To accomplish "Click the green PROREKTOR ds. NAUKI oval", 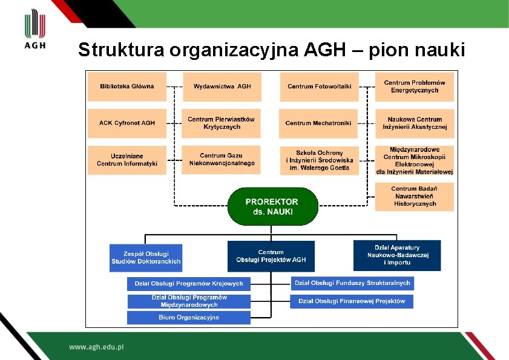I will pyautogui.click(x=272, y=206).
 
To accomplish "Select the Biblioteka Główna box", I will pyautogui.click(x=126, y=87).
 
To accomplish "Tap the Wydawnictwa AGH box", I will pyautogui.click(x=222, y=87).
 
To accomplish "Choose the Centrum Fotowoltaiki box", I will pyautogui.click(x=319, y=87).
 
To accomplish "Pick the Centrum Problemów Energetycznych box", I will pyautogui.click(x=415, y=87).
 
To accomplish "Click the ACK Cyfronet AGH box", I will pyautogui.click(x=126, y=123).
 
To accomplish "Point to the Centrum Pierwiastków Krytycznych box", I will pyautogui.click(x=222, y=123).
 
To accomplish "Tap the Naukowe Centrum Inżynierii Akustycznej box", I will pyautogui.click(x=415, y=123).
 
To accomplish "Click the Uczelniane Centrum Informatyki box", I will pyautogui.click(x=126, y=160).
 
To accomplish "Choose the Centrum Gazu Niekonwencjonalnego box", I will pyautogui.click(x=222, y=160).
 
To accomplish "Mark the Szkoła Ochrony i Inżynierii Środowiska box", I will pyautogui.click(x=319, y=160).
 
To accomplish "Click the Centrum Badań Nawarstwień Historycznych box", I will pyautogui.click(x=415, y=197).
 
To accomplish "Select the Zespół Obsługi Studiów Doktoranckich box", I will pyautogui.click(x=146, y=258).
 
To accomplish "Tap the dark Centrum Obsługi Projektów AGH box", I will pyautogui.click(x=271, y=256).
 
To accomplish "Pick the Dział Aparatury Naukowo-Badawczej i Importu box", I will pyautogui.click(x=397, y=255).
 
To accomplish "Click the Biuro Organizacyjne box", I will pyautogui.click(x=189, y=318).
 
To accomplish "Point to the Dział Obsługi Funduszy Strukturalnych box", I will pyautogui.click(x=352, y=283).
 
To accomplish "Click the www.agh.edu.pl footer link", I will pyautogui.click(x=96, y=347).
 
